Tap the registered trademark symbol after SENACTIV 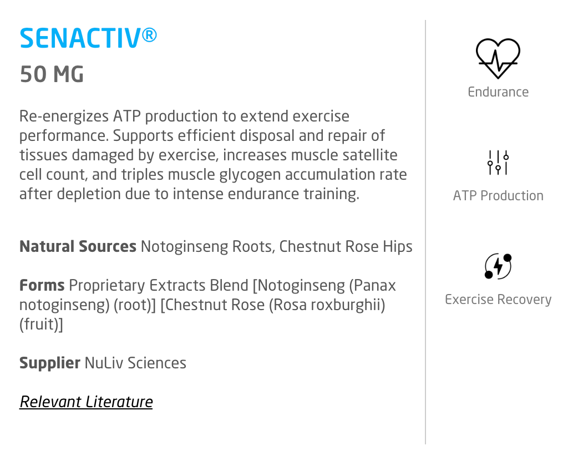[149, 35]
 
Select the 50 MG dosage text [52, 74]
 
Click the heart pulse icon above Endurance [498, 58]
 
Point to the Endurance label [498, 92]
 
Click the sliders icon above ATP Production [498, 162]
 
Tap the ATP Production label [498, 195]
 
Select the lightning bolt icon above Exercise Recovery [498, 266]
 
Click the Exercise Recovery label [498, 300]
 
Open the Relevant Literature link [87, 402]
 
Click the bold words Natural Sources [78, 246]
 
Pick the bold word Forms [42, 285]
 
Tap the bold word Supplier [50, 363]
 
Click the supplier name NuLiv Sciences [135, 363]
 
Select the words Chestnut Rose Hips [346, 246]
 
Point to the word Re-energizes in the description [64, 116]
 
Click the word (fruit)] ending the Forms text [41, 325]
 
